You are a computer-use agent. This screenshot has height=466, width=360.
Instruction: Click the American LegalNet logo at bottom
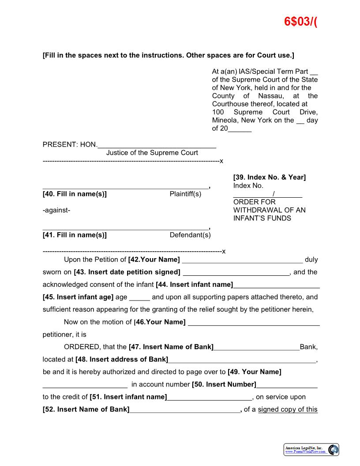(x=311, y=450)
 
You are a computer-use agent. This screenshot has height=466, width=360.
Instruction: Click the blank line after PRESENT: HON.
(x=157, y=145)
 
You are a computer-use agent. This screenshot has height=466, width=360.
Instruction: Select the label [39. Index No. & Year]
(x=269, y=177)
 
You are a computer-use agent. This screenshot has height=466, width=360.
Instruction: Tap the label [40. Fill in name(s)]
(x=75, y=194)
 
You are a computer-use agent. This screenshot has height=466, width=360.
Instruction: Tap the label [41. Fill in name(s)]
(x=75, y=235)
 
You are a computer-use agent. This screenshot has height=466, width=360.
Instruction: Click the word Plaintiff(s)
(x=185, y=194)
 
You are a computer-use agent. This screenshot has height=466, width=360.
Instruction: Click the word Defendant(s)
(x=190, y=235)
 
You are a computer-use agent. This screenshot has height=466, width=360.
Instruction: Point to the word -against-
(x=56, y=210)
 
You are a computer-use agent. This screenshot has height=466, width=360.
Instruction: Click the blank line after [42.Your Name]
(x=242, y=260)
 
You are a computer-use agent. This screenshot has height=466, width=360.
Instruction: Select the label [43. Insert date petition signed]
(x=127, y=272)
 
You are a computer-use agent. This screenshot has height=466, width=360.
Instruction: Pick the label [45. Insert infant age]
(x=78, y=297)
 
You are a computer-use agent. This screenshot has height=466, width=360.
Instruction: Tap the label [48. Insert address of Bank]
(x=122, y=360)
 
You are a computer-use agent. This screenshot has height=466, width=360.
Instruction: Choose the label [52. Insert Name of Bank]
(x=86, y=410)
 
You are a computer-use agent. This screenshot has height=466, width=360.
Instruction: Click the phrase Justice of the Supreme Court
(x=152, y=153)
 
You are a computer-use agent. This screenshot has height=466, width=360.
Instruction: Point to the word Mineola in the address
(x=225, y=120)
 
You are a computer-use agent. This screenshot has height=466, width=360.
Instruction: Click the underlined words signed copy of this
(x=288, y=410)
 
